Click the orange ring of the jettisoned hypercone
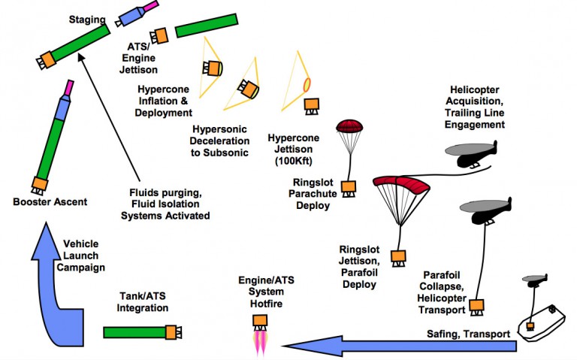[x=306, y=83]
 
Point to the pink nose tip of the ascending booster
[x=68, y=87]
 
